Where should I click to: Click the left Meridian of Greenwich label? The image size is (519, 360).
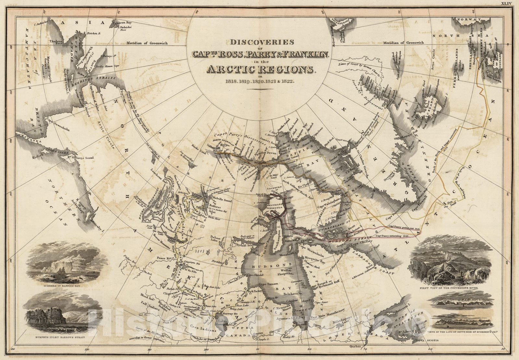[x=147, y=43]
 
